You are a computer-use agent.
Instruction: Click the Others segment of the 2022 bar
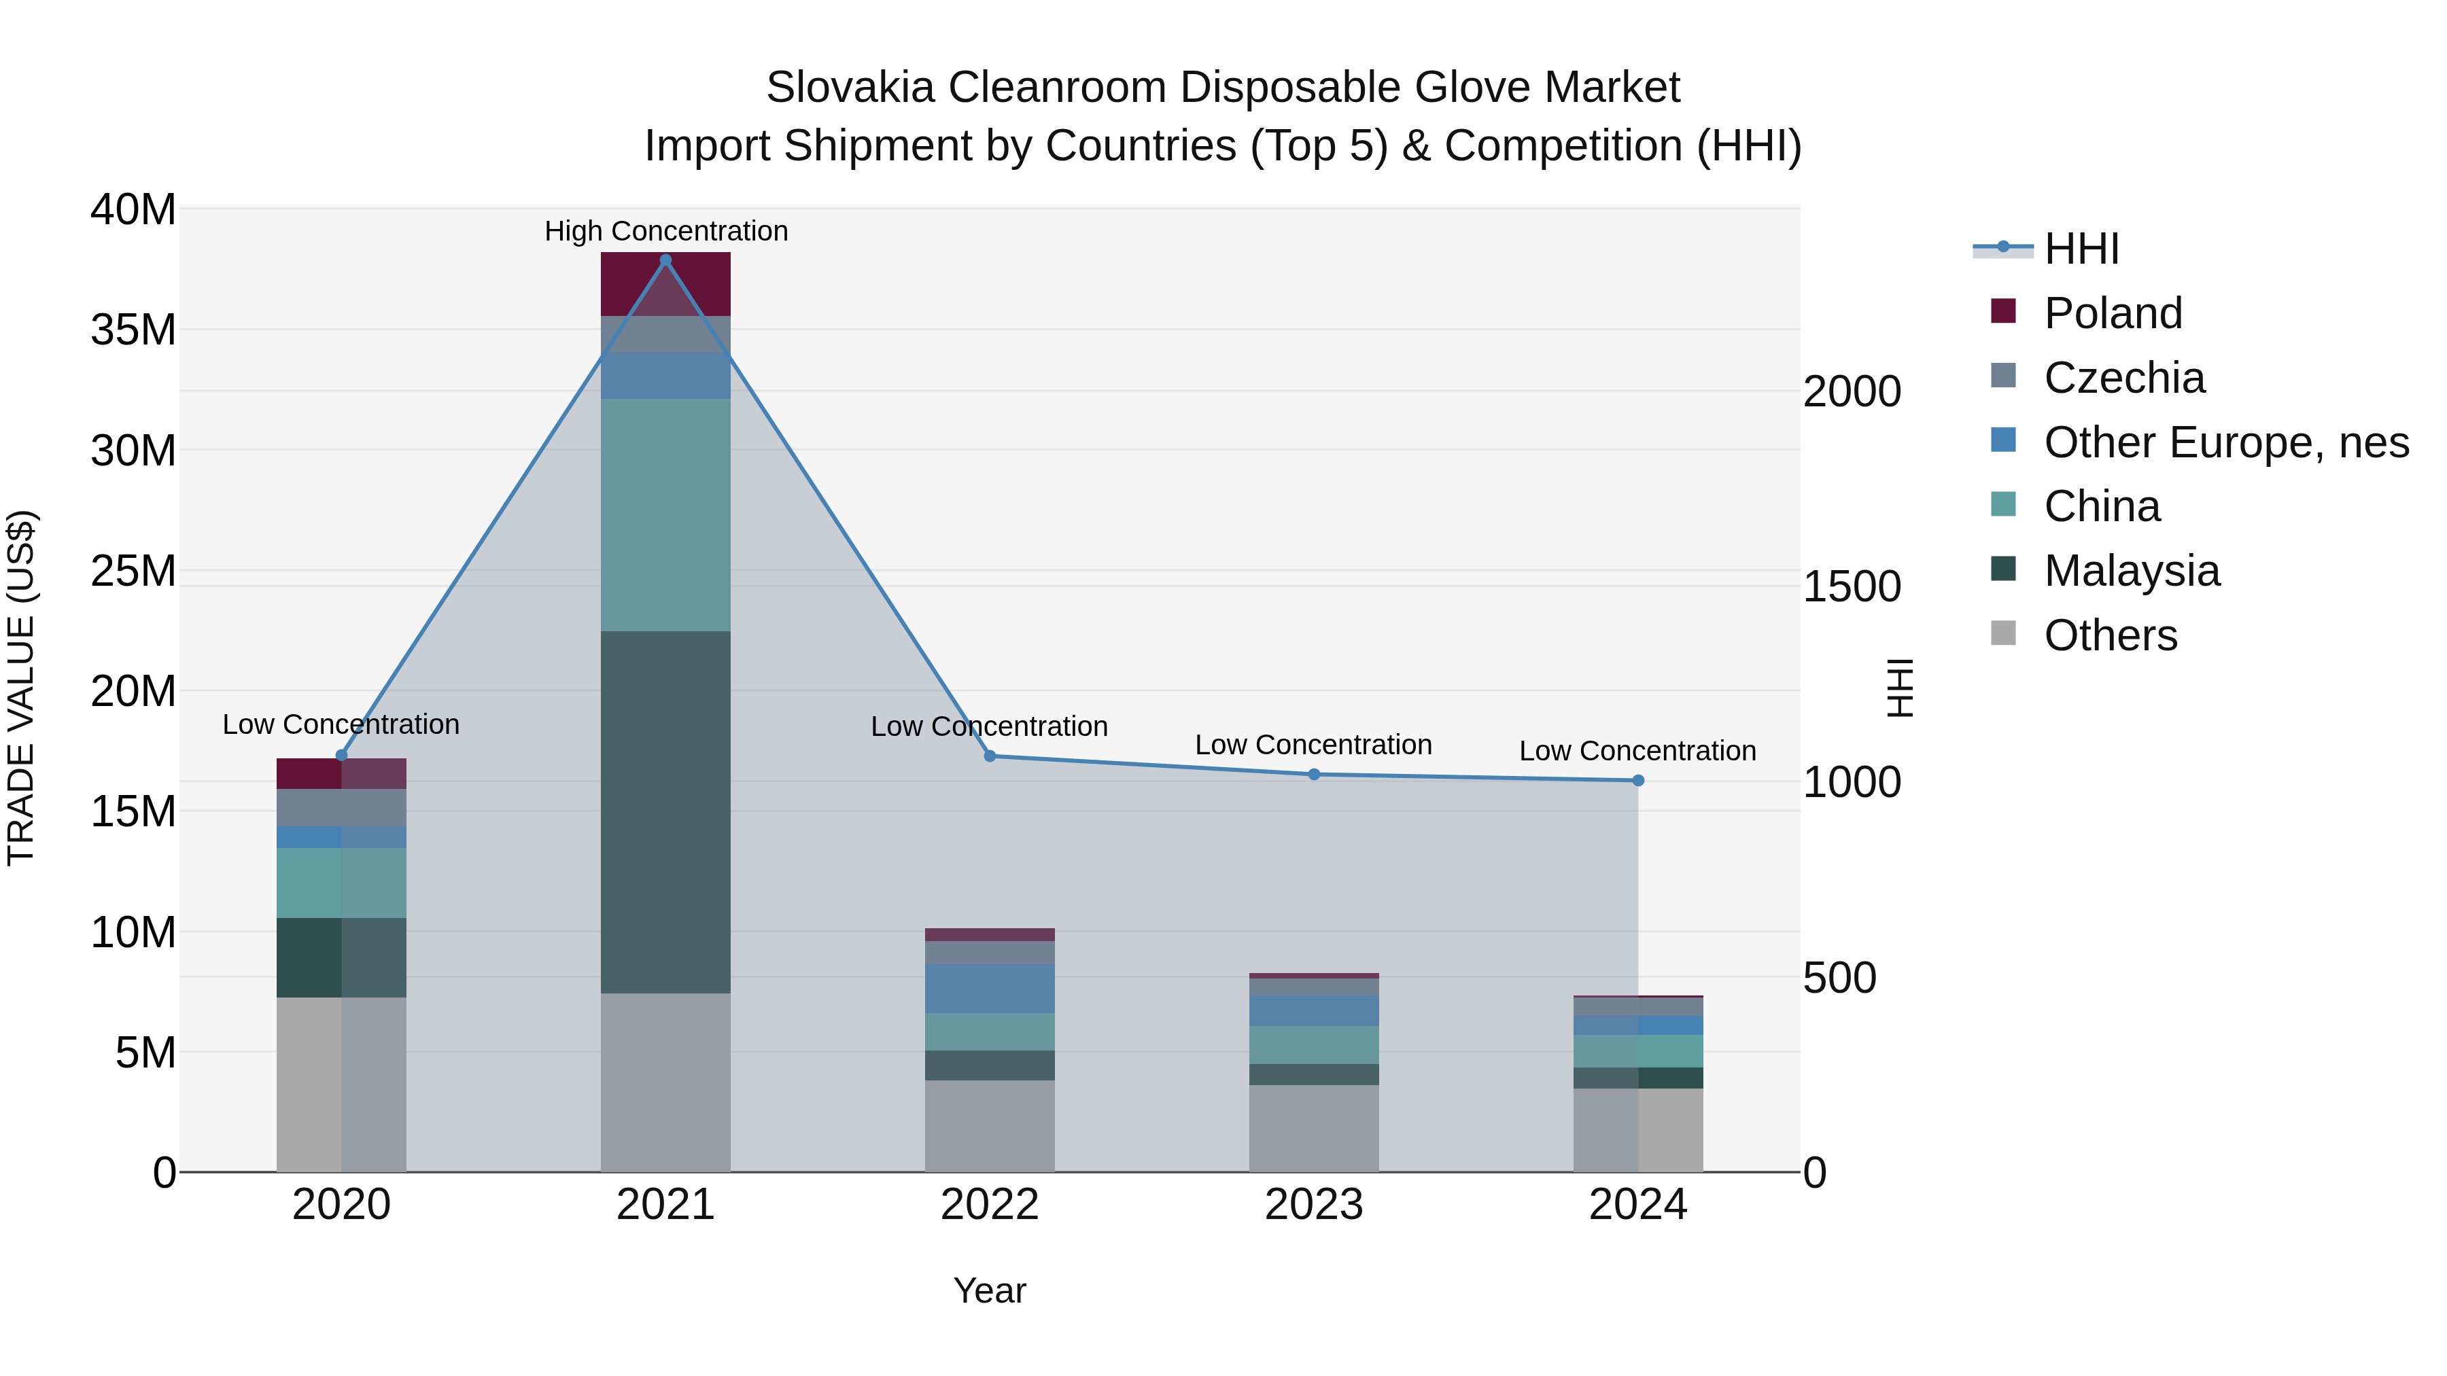click(989, 1125)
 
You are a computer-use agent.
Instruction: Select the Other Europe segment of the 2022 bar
click(989, 989)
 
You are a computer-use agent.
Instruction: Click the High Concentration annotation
click(666, 232)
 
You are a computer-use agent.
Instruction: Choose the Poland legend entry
click(2113, 313)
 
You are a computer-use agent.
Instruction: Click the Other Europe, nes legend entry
click(2225, 442)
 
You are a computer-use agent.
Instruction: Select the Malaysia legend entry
click(2132, 571)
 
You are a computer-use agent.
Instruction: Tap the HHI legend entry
click(2081, 249)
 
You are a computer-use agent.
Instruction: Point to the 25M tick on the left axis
click(133, 571)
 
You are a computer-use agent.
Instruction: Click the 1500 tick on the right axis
click(1852, 587)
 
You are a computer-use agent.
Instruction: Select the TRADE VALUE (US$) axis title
click(22, 688)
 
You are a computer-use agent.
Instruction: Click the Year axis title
click(989, 1290)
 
